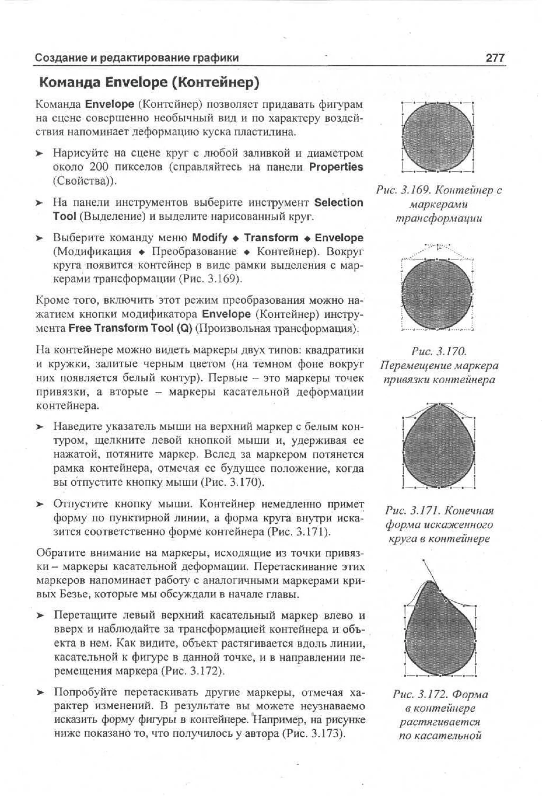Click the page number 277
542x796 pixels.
click(495, 57)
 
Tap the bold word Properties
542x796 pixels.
click(336, 167)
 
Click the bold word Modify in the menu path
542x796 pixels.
click(210, 237)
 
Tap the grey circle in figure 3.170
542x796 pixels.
click(437, 295)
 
